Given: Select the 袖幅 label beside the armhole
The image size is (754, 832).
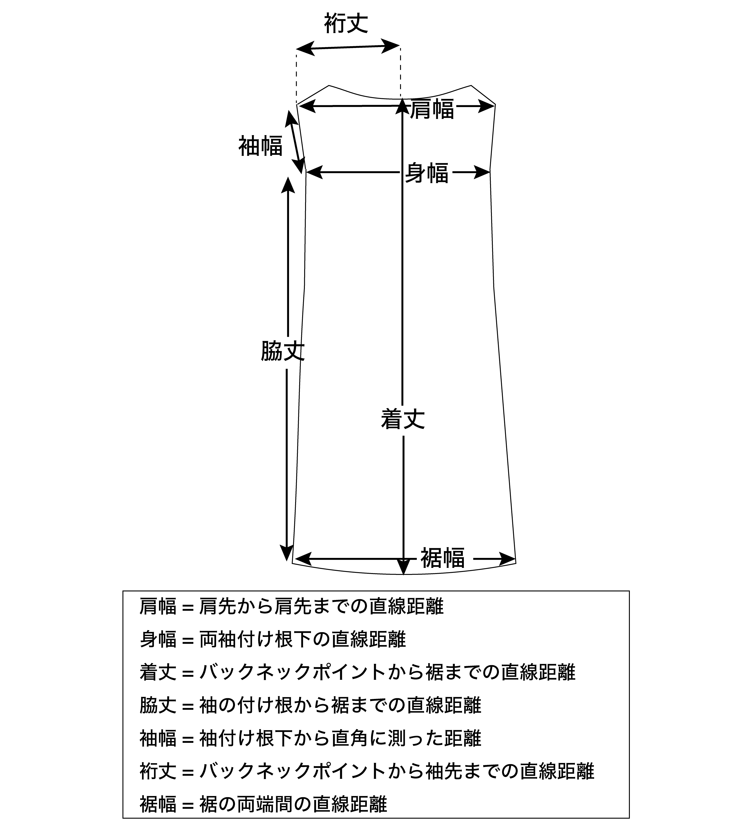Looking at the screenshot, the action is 260,146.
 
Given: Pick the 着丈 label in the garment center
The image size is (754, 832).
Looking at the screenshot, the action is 403,419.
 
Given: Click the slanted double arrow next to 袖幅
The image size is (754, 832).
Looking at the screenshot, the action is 294,141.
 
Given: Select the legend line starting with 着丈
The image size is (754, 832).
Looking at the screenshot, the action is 357,672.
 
